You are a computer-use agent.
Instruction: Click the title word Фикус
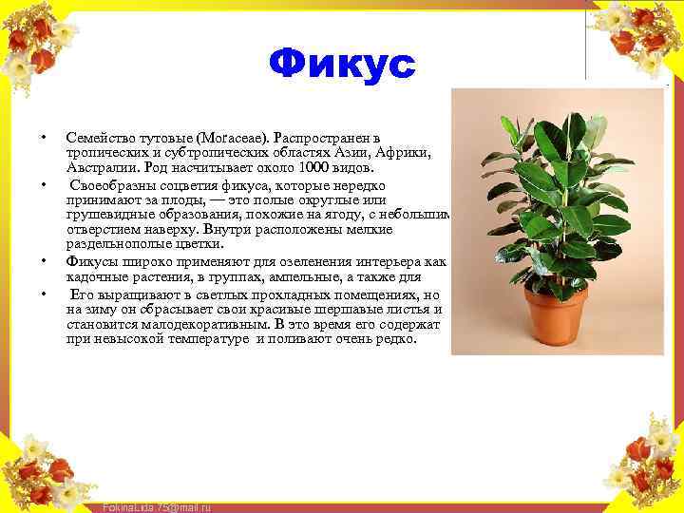[x=342, y=65]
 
